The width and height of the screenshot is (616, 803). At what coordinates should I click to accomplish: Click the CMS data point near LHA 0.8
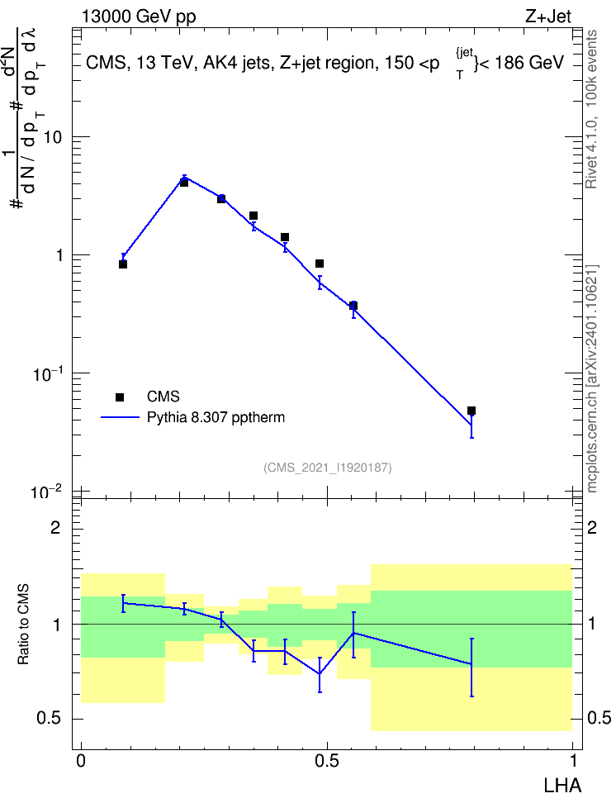coord(471,411)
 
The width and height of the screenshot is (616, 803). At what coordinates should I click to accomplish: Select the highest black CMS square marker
coord(184,183)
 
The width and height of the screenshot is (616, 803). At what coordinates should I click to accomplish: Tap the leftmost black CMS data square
coord(123,264)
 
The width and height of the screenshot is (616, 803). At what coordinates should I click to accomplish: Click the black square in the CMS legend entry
coord(120,397)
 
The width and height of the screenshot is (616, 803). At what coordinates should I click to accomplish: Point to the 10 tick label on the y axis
coord(52,138)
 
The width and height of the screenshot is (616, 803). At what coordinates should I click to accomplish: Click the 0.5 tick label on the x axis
coord(327,761)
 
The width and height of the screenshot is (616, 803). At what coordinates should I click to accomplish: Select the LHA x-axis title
coord(562,786)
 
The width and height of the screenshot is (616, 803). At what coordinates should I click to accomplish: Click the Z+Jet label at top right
coord(548,17)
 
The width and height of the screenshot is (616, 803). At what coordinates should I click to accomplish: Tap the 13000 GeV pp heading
coord(139,17)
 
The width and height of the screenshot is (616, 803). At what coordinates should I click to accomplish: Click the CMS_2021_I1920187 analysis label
coord(328,468)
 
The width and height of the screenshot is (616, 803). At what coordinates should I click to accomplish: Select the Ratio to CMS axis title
coord(23,625)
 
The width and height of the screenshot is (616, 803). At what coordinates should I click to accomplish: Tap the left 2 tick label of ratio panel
coord(54,527)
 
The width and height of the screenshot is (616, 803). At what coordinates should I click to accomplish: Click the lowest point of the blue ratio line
coord(320,673)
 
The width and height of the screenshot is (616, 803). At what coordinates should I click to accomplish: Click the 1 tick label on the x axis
coord(573,761)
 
